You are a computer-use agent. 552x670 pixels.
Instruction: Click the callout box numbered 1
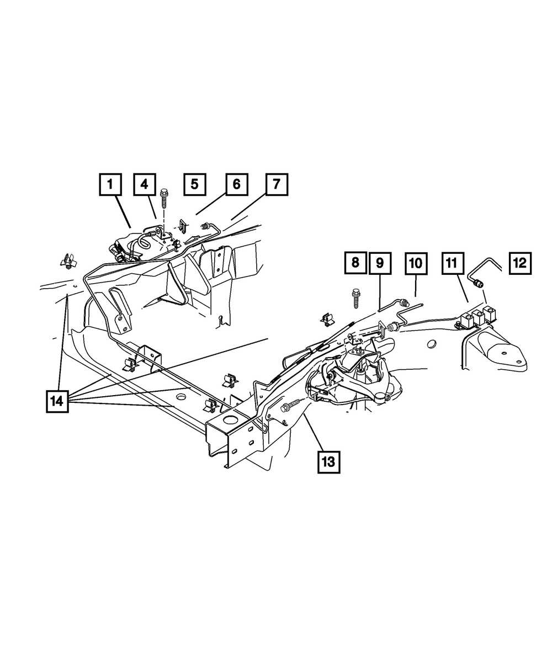click(110, 184)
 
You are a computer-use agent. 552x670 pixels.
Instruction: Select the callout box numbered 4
click(144, 184)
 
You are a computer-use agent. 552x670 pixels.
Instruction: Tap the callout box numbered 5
click(194, 184)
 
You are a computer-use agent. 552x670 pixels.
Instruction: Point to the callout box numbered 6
click(236, 184)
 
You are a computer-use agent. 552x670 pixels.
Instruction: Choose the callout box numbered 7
click(276, 184)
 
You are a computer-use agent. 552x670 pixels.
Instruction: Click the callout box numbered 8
click(355, 262)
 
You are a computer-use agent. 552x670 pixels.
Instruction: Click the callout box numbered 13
click(328, 461)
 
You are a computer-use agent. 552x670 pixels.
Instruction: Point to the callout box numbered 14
click(57, 401)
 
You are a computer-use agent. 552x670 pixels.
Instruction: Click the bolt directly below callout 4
click(164, 198)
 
